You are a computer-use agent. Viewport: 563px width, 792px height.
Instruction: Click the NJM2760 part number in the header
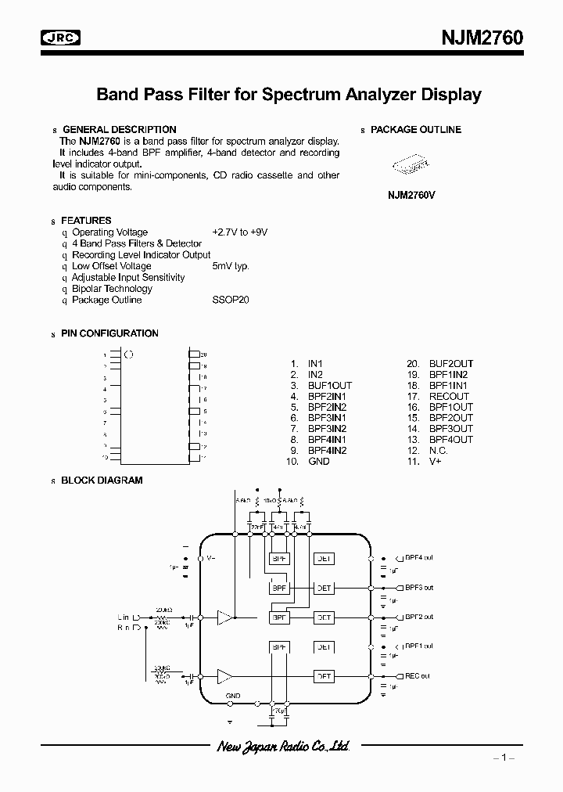(x=482, y=38)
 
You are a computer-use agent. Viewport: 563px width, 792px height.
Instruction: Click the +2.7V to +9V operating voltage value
(x=239, y=232)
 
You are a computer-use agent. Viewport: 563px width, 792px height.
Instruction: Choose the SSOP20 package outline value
(x=230, y=300)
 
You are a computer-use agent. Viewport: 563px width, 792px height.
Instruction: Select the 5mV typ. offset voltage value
(x=230, y=266)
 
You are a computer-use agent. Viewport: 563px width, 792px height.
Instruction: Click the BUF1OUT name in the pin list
(x=329, y=386)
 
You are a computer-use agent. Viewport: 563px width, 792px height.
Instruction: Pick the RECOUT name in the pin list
(x=449, y=397)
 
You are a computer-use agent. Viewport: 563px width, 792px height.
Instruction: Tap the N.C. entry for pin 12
(x=439, y=451)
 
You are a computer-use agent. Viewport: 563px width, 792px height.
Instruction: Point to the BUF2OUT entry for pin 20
(x=450, y=364)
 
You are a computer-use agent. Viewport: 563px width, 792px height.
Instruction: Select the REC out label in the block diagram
(x=418, y=676)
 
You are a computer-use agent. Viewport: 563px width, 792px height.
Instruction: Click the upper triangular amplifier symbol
(x=225, y=617)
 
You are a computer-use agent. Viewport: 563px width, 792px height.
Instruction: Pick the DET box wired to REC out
(x=323, y=676)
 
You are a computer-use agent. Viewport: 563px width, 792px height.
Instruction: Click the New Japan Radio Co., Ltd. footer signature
(x=282, y=747)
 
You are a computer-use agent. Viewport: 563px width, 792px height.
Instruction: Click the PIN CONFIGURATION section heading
(x=109, y=333)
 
